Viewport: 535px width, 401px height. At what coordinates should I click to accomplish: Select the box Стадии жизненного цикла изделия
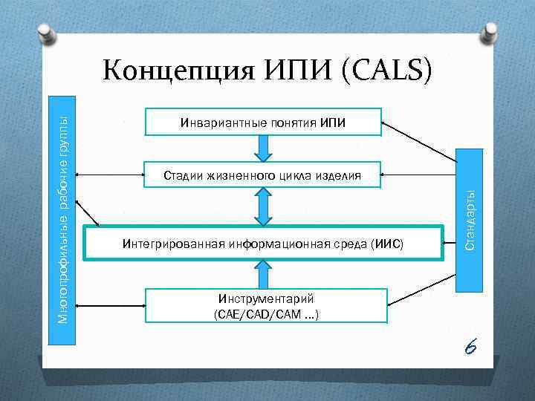262,176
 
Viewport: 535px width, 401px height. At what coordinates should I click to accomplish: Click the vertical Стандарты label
470,219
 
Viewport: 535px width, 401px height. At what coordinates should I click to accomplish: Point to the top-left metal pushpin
46,31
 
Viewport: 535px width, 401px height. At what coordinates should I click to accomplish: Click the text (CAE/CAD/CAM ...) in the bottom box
265,315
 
